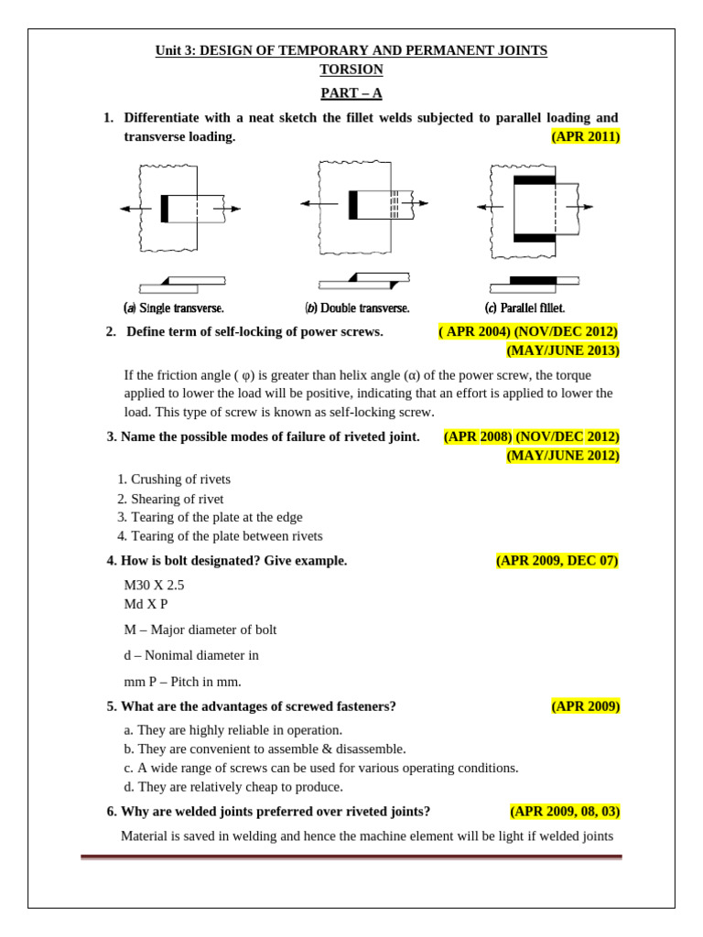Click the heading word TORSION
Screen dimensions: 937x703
(x=351, y=70)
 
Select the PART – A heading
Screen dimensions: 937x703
(x=351, y=92)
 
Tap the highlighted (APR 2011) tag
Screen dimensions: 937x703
(x=585, y=136)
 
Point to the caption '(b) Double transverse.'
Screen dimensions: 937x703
(x=357, y=308)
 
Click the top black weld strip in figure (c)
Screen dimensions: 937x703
(x=534, y=180)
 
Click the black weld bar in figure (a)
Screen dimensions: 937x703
(x=165, y=209)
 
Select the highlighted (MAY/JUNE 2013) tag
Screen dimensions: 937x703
(x=563, y=350)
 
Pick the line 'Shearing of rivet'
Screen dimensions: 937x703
(x=176, y=499)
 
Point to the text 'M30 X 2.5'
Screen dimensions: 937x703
(x=154, y=585)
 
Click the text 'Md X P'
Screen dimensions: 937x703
(x=146, y=604)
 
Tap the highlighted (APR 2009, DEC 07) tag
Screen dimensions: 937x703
(x=557, y=561)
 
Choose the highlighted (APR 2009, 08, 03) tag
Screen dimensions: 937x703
(x=565, y=812)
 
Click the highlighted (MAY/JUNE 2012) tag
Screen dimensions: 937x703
(x=563, y=456)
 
